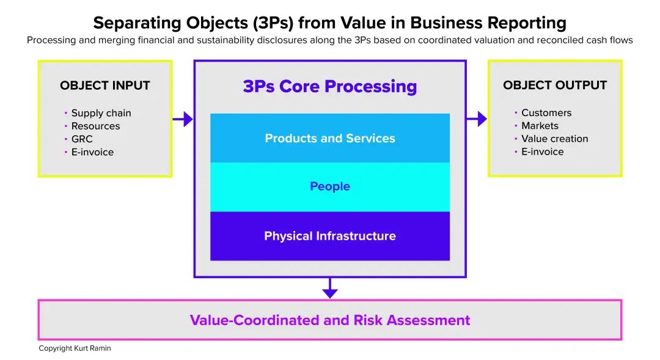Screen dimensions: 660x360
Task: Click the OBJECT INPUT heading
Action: tap(105, 86)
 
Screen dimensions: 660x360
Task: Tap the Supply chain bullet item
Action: tap(101, 113)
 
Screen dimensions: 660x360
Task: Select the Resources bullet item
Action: tap(95, 126)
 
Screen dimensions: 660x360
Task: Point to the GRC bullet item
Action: tap(82, 139)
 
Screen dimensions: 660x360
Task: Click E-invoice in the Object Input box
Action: tap(93, 152)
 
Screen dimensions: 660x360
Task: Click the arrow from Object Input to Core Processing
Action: tap(183, 119)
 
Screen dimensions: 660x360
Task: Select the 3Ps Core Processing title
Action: tap(330, 86)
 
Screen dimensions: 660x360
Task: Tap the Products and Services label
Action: tap(330, 138)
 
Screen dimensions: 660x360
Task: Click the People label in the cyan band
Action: tap(330, 186)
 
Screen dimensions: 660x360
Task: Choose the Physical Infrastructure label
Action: tap(330, 236)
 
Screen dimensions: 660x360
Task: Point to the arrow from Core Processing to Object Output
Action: tap(477, 119)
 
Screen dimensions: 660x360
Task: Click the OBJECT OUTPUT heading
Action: tap(555, 85)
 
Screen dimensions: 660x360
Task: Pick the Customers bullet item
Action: tap(546, 112)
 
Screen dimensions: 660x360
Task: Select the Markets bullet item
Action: tap(540, 125)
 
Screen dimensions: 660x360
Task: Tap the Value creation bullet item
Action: tap(555, 139)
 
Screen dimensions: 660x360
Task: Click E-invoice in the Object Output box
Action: tap(543, 152)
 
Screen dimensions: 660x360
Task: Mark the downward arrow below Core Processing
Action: tap(330, 288)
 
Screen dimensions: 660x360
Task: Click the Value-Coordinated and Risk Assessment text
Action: tap(330, 320)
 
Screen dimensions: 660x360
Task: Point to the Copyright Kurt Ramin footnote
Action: tap(75, 348)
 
